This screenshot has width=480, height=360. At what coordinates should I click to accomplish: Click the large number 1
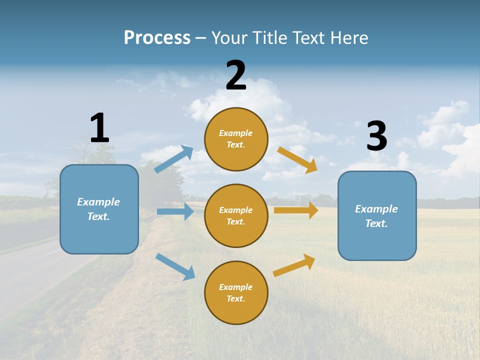(x=99, y=128)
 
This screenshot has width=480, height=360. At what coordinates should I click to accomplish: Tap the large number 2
(x=236, y=76)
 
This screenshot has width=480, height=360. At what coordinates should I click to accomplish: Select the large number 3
(x=377, y=136)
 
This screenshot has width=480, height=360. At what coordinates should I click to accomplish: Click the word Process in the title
(x=157, y=37)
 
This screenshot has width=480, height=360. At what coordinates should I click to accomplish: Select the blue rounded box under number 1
(x=99, y=209)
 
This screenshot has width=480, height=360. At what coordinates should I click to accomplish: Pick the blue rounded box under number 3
(x=377, y=215)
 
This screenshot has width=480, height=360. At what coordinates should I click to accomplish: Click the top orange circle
(x=236, y=139)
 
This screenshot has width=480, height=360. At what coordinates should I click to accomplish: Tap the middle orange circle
(x=236, y=215)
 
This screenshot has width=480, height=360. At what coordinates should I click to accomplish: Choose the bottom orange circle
(x=236, y=292)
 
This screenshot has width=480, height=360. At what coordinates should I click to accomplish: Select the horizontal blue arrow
(x=175, y=211)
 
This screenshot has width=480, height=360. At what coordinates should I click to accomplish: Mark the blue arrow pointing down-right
(x=175, y=266)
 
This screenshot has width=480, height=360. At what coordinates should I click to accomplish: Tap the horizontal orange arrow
(x=296, y=210)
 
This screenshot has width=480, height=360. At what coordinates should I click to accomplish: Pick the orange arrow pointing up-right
(x=294, y=265)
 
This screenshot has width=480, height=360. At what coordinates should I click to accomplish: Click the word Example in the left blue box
(x=98, y=202)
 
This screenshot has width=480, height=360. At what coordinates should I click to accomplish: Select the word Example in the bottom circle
(x=235, y=287)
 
